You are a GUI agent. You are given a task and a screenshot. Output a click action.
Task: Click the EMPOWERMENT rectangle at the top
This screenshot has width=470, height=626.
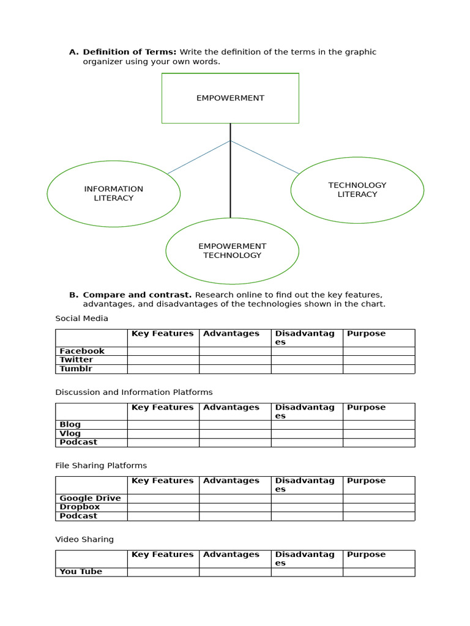[x=230, y=98]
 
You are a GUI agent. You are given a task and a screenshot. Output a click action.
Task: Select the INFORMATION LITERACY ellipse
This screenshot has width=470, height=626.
[x=114, y=193]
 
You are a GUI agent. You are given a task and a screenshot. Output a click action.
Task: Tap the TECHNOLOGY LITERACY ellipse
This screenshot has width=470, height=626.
[x=357, y=190]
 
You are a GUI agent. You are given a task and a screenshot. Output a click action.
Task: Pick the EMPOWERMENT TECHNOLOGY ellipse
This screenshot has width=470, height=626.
[x=233, y=251]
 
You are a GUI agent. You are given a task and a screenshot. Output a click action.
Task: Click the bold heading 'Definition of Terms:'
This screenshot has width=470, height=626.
[x=130, y=52]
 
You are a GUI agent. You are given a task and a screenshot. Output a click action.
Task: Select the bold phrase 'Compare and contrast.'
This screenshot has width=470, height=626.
[x=138, y=295]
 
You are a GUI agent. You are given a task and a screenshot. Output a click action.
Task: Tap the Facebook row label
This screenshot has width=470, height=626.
[x=82, y=351]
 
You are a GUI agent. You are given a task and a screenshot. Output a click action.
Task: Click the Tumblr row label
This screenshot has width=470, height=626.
[x=76, y=369]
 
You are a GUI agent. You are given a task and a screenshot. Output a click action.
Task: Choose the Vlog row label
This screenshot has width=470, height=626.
[x=70, y=433]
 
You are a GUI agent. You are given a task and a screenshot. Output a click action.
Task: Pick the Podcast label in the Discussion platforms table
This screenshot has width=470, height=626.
[x=78, y=442]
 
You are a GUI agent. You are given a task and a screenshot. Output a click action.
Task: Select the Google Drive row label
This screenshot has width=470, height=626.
[x=90, y=498]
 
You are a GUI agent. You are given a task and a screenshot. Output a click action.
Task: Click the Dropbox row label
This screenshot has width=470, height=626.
[x=80, y=507]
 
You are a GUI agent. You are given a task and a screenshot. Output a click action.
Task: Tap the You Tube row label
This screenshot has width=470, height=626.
[x=81, y=572]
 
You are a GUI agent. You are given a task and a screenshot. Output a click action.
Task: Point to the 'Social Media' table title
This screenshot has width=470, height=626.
[x=81, y=319]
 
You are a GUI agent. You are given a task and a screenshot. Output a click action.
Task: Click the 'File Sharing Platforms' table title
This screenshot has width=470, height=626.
[x=101, y=466]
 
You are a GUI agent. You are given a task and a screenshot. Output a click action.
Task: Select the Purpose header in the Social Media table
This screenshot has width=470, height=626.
[x=366, y=334]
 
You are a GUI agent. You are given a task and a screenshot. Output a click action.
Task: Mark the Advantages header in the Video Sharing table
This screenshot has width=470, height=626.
[x=231, y=554]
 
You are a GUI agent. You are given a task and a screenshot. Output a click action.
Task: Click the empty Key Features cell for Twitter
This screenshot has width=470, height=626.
[x=163, y=360]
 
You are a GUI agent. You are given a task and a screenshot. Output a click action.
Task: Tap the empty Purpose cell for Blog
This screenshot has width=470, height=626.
[x=378, y=424]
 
